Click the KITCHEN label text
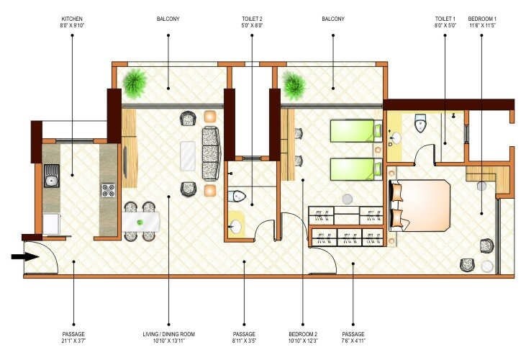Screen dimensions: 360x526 73,19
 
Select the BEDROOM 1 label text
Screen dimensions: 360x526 482,19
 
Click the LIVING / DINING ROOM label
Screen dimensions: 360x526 168,334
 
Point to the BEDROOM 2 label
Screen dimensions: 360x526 303,334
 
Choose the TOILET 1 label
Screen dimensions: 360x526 444,19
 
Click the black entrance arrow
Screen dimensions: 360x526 24,256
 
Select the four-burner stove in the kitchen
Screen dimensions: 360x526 108,190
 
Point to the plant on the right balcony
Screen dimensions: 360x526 294,85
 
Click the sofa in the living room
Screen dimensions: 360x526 211,153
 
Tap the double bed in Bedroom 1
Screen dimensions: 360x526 422,205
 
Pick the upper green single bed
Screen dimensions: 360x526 353,131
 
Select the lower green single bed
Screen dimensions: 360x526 353,169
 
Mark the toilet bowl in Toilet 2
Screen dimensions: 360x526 238,196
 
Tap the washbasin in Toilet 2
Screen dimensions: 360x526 235,227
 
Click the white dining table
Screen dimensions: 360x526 140,220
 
